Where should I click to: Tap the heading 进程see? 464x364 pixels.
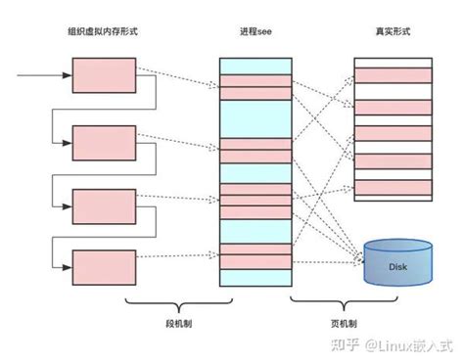point(255,32)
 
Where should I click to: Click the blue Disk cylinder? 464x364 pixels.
point(396,262)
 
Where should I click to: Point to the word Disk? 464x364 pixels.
point(396,266)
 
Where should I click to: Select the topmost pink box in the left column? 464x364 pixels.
point(104,74)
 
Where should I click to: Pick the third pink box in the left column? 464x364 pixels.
point(104,205)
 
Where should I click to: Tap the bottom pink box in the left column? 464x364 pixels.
point(104,266)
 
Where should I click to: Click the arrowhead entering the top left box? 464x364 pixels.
point(67,74)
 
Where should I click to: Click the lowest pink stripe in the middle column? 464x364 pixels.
point(255,262)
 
